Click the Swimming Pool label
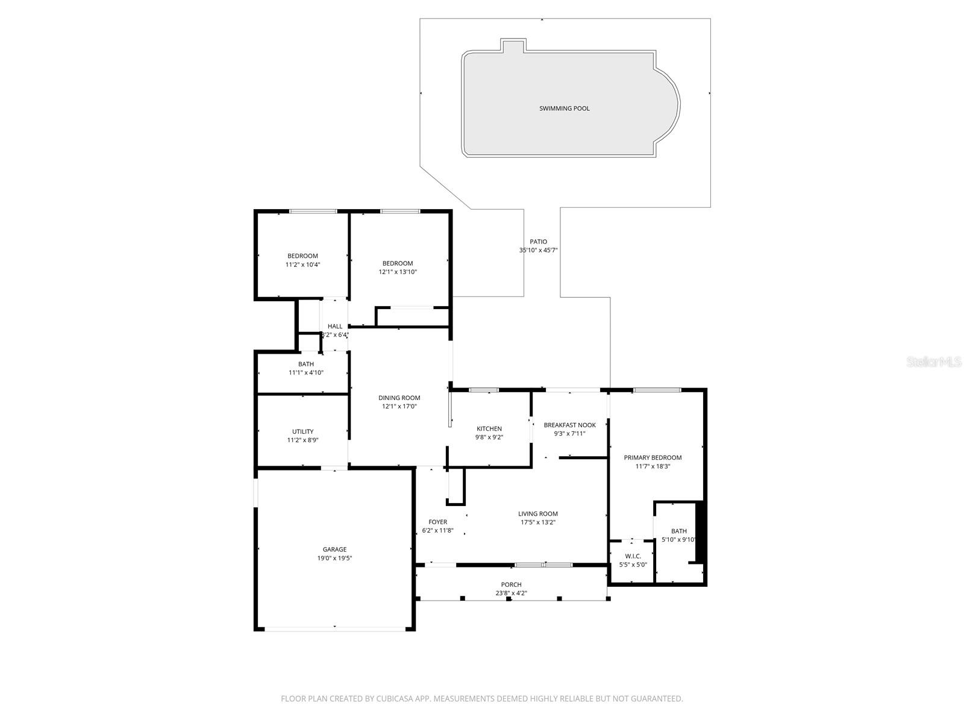[564, 108]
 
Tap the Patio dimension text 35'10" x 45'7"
[539, 250]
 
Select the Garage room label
[334, 549]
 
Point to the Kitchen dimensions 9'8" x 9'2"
[489, 437]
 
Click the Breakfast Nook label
[569, 425]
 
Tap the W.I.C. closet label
[633, 556]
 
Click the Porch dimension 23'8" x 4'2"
[511, 593]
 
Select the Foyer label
[437, 522]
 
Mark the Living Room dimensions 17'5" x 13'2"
[537, 522]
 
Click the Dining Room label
[399, 398]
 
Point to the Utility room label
[302, 431]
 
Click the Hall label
[335, 326]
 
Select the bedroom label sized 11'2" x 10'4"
[302, 256]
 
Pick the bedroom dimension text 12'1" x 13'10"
[398, 272]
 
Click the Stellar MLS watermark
[933, 362]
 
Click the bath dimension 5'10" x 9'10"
[678, 540]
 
